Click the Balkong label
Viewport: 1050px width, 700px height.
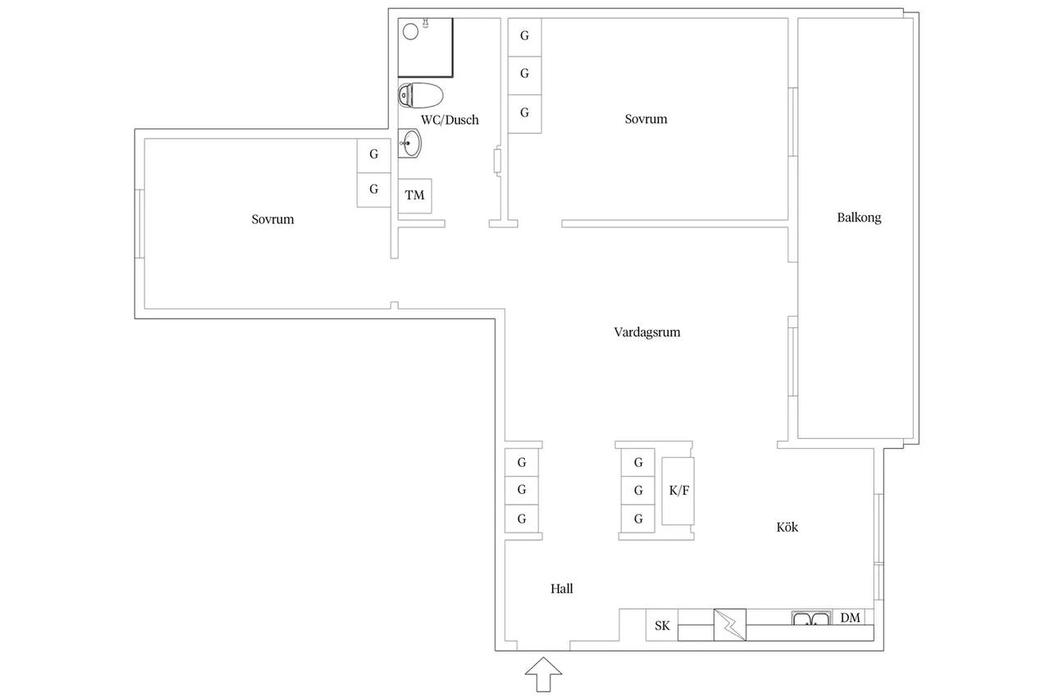pos(859,217)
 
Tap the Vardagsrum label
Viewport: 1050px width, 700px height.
pos(647,332)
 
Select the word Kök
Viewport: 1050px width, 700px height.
pos(787,527)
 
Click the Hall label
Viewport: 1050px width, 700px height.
pos(562,588)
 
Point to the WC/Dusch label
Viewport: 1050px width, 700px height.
pos(450,120)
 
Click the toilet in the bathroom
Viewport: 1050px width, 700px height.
pos(421,95)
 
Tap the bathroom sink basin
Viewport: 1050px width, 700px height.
pos(409,144)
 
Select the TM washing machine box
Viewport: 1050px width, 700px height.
pos(415,196)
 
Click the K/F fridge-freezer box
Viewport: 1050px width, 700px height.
pos(678,491)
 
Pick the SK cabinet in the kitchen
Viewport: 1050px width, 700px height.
pos(662,625)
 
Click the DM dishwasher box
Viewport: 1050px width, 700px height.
pos(850,617)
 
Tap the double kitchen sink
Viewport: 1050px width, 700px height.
pos(812,618)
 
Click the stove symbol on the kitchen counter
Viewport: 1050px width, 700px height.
pos(730,625)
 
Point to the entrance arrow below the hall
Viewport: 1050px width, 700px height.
pos(543,675)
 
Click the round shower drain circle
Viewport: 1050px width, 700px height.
pos(411,32)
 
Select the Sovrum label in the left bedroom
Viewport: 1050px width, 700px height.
pos(272,219)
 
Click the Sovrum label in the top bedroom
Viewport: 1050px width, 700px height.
pos(646,119)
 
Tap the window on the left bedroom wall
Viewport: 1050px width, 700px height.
pos(139,224)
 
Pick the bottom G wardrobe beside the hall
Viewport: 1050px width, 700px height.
pos(521,519)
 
